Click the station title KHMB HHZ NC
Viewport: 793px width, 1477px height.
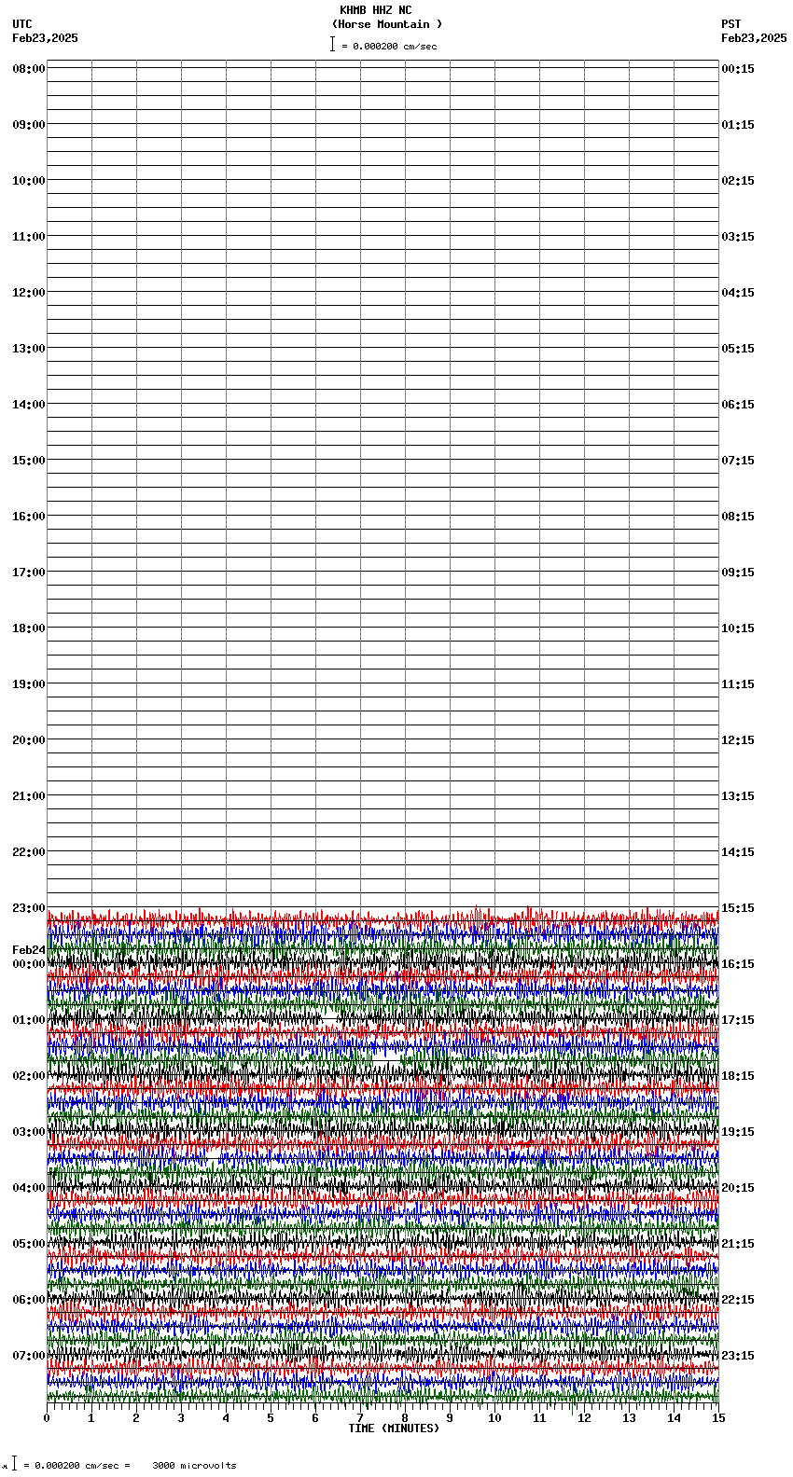tap(375, 10)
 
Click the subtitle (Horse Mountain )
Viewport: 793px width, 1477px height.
tap(386, 24)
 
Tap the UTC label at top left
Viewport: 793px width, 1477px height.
tap(22, 24)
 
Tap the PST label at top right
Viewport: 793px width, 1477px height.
tap(730, 24)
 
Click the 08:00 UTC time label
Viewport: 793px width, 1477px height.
tap(29, 69)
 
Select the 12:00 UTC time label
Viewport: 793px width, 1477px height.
tap(29, 293)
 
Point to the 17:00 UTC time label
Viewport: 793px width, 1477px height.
tap(29, 573)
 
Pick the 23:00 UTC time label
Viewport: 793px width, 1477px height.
tap(29, 908)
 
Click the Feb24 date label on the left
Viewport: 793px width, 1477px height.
tap(28, 950)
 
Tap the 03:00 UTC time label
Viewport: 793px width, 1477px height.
tap(29, 1132)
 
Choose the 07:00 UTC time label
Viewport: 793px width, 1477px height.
tap(29, 1356)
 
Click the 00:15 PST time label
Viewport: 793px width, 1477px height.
tap(738, 69)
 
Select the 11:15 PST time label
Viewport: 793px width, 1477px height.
tap(738, 684)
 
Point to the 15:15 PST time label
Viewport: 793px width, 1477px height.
tap(738, 908)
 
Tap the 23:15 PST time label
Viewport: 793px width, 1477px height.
tap(738, 1356)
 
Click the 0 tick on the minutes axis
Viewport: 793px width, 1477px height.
tap(47, 1418)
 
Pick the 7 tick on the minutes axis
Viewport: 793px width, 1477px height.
tap(360, 1418)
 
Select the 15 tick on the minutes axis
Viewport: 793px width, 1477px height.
tap(717, 1418)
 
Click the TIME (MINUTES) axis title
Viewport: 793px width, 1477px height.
tap(394, 1429)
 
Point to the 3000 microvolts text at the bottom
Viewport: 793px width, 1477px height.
tap(194, 1466)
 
